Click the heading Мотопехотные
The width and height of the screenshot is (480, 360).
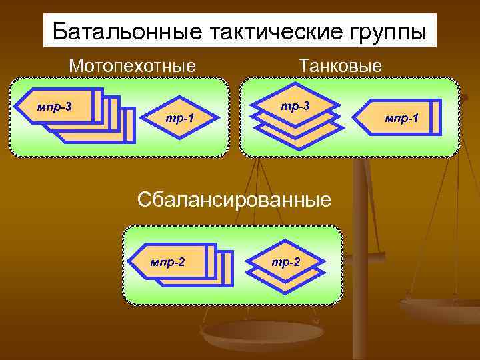click(133, 66)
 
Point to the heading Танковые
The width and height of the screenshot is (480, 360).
click(341, 66)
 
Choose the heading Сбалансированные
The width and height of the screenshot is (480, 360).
click(233, 199)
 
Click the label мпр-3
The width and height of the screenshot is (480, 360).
click(55, 106)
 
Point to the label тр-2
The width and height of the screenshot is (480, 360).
click(286, 261)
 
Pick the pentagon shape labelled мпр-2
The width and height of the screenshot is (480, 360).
click(173, 260)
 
